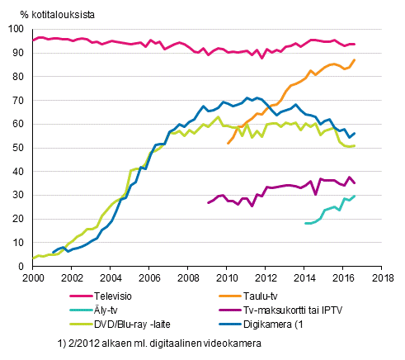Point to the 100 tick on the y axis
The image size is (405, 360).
click(x=17, y=29)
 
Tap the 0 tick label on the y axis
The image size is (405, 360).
click(x=23, y=267)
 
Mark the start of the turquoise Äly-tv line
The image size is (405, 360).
click(x=305, y=223)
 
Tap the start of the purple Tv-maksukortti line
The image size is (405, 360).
click(x=208, y=202)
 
